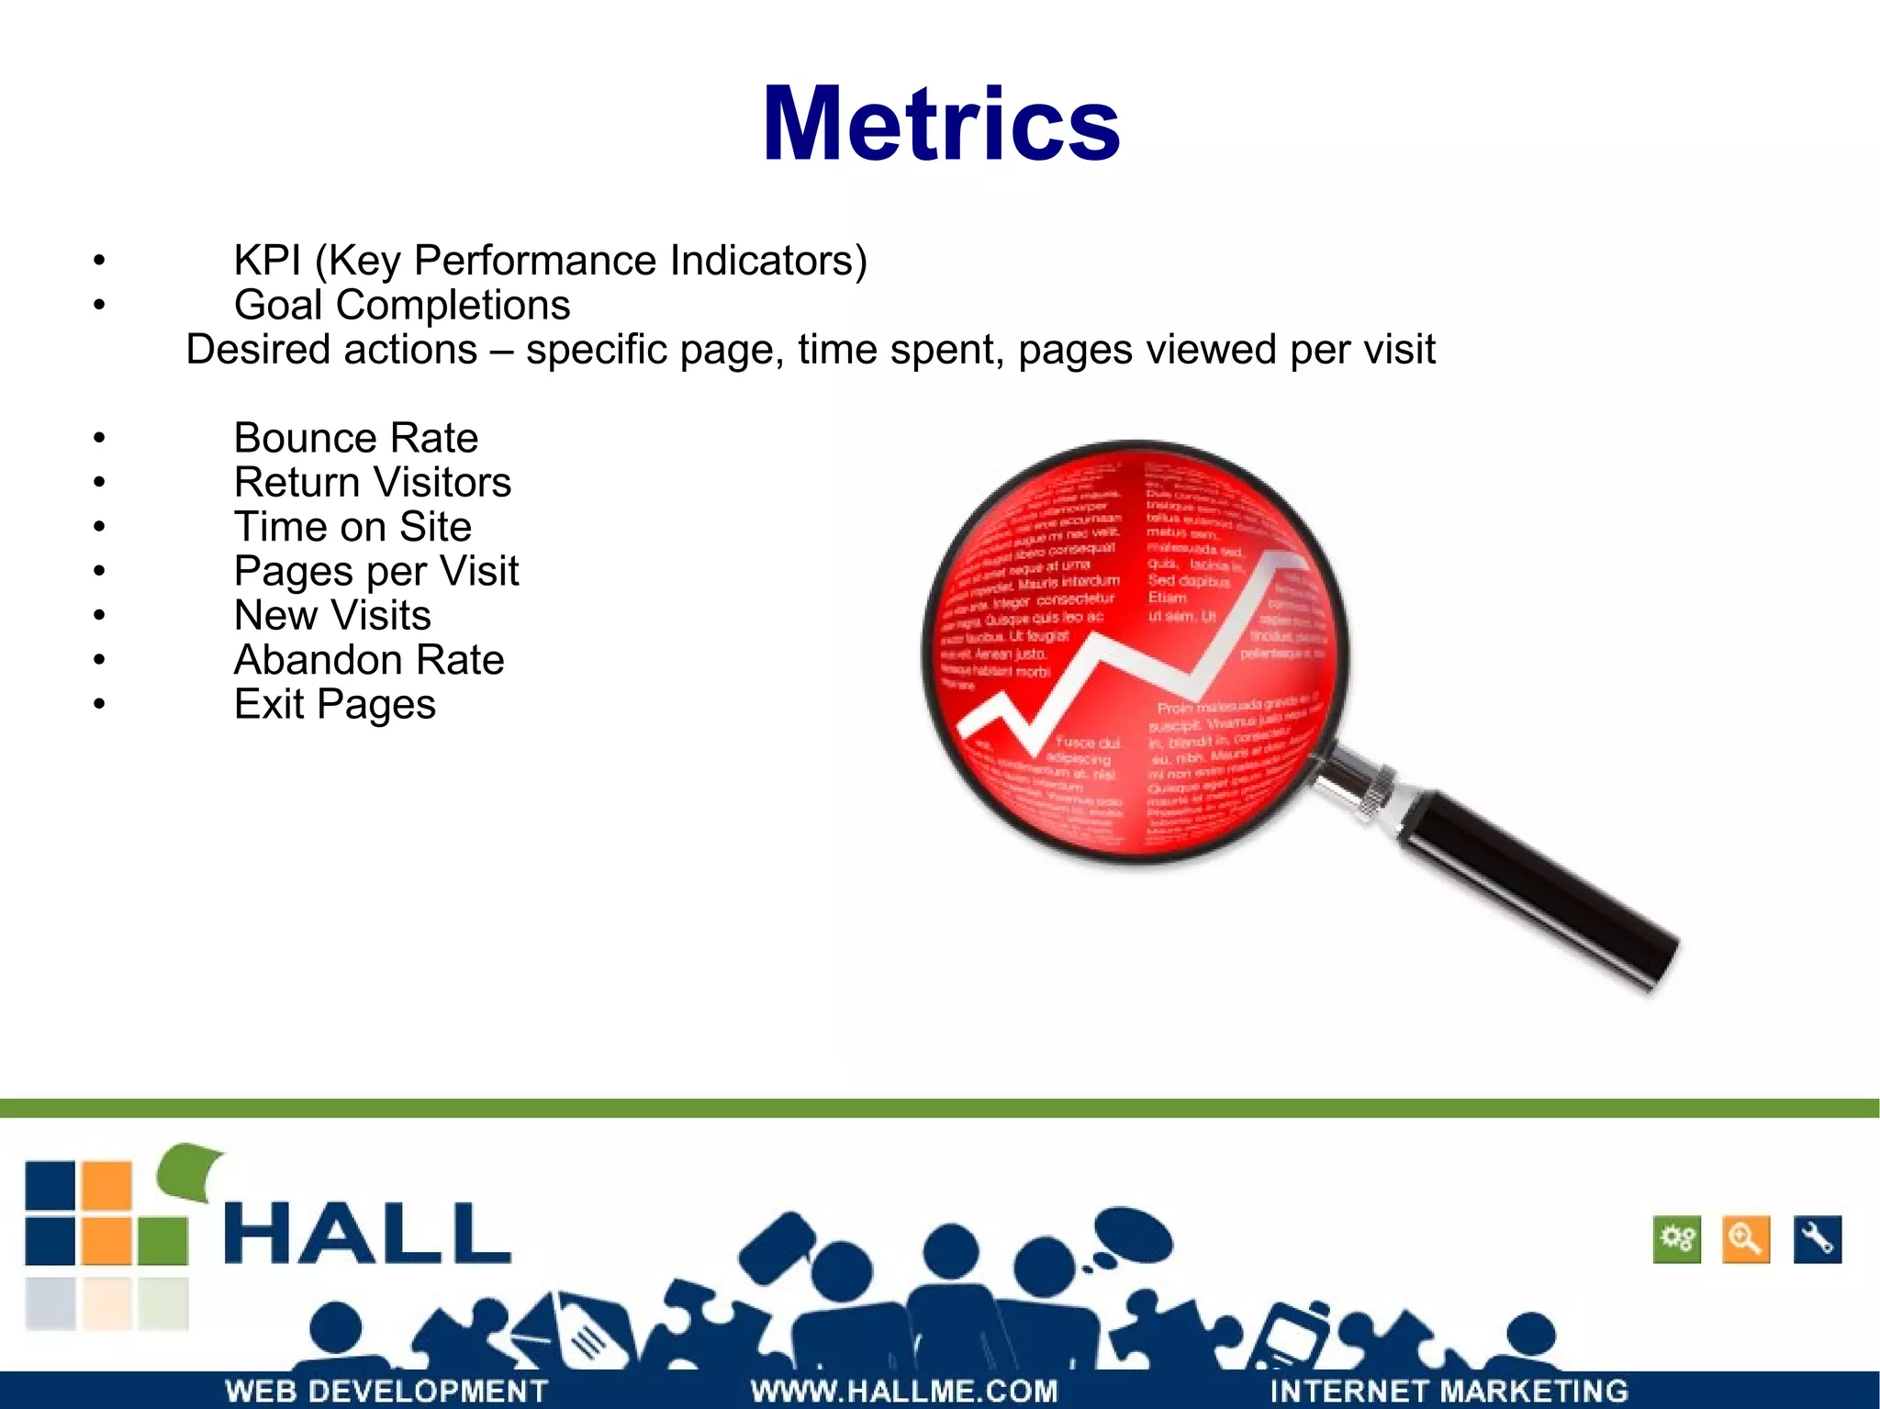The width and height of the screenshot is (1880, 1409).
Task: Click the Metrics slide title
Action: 941,125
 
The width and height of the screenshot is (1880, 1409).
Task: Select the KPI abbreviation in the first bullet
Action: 267,261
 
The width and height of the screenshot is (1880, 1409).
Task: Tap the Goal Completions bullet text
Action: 402,306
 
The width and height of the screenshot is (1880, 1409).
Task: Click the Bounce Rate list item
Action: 356,438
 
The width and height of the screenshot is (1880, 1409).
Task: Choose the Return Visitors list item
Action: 373,483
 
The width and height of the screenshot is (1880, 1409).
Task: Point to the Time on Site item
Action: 352,527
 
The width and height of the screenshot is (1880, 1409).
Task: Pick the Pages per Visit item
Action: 376,571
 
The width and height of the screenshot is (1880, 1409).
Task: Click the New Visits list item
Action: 332,616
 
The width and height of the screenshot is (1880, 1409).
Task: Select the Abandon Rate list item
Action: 369,660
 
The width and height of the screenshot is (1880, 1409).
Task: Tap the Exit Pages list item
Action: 335,705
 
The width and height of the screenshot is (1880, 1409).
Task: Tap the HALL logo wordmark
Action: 367,1234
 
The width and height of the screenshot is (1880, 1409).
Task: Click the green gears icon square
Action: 1677,1240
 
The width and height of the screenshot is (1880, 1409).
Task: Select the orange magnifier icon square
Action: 1746,1240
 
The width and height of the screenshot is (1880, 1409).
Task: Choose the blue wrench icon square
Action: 1817,1240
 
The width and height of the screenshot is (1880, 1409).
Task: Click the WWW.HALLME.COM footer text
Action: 904,1391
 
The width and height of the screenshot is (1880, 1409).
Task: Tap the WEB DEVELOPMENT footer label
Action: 386,1391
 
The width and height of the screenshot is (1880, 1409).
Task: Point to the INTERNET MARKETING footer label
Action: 1449,1391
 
